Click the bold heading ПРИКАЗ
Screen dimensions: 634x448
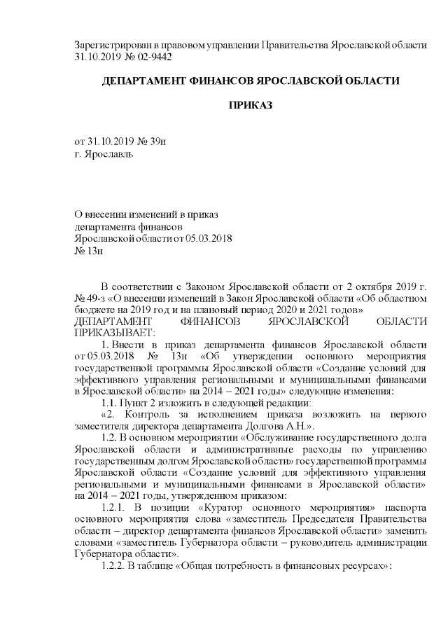[x=251, y=105]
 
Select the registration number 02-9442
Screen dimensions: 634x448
[x=153, y=56]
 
